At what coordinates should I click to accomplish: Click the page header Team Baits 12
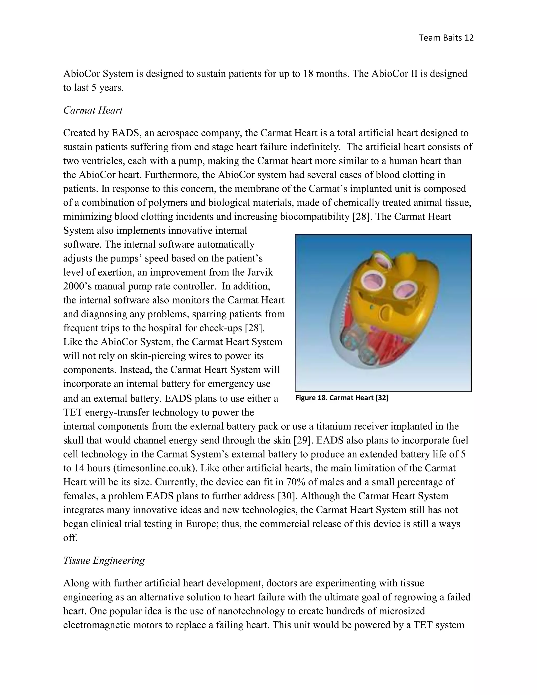446,38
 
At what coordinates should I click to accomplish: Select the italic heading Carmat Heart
93,110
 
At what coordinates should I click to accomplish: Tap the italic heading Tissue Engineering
104,569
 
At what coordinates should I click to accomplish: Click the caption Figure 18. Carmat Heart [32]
342,398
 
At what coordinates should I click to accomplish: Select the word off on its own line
70,538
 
